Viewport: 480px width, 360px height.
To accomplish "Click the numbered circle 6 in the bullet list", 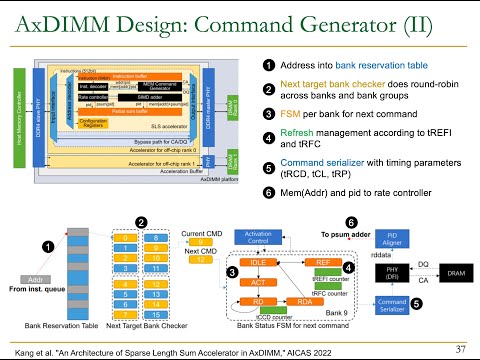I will (269, 192).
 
